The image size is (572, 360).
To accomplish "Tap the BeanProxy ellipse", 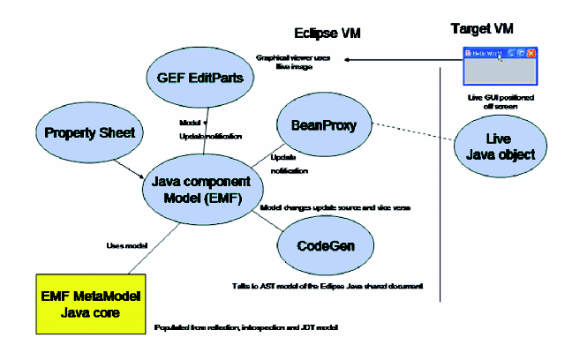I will (323, 126).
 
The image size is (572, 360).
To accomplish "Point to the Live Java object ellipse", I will (499, 146).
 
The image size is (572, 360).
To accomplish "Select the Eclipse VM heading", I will (329, 34).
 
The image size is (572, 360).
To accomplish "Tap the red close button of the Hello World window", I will (531, 54).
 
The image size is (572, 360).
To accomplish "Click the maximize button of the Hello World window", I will (522, 54).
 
